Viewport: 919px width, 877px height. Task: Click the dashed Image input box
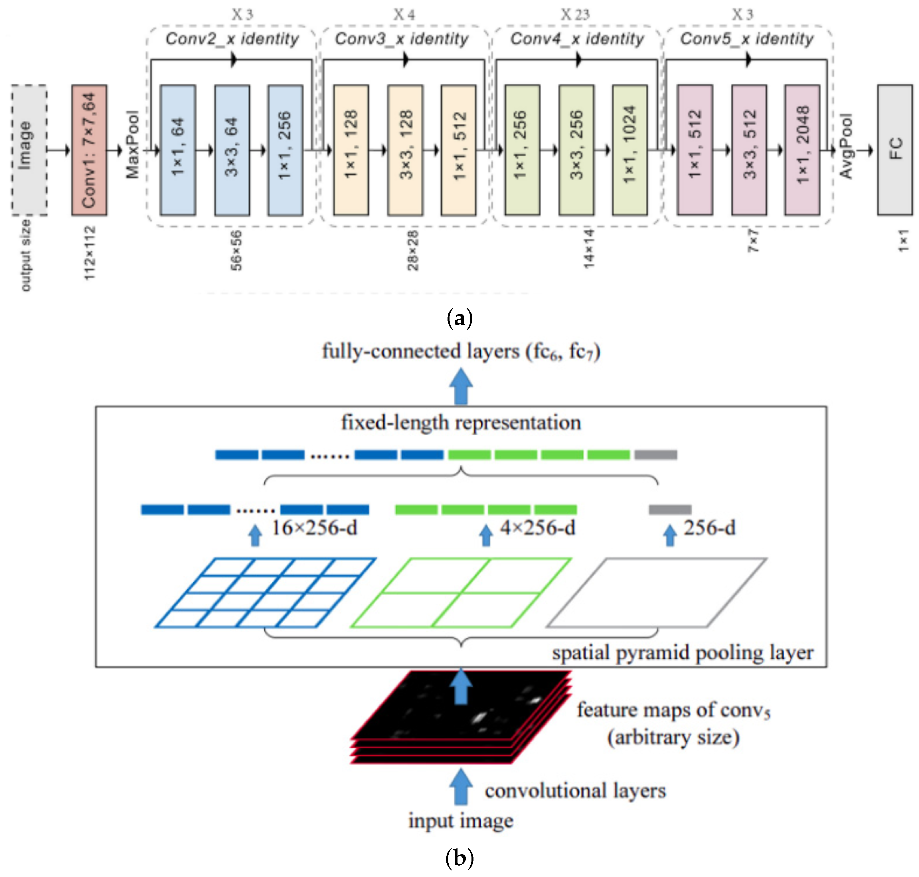29,150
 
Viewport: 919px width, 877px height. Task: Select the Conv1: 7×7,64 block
89,150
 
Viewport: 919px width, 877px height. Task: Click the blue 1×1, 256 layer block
285,150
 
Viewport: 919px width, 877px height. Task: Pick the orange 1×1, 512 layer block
458,150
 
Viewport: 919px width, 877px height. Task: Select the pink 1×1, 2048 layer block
802,150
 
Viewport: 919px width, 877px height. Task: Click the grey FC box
894,150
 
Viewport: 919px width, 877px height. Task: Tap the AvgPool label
846,146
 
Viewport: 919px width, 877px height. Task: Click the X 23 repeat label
575,15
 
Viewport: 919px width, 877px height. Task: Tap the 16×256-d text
314,528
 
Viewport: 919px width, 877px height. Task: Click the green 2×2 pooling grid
461,592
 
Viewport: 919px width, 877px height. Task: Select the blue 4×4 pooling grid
265,592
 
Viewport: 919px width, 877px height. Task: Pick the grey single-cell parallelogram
656,592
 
